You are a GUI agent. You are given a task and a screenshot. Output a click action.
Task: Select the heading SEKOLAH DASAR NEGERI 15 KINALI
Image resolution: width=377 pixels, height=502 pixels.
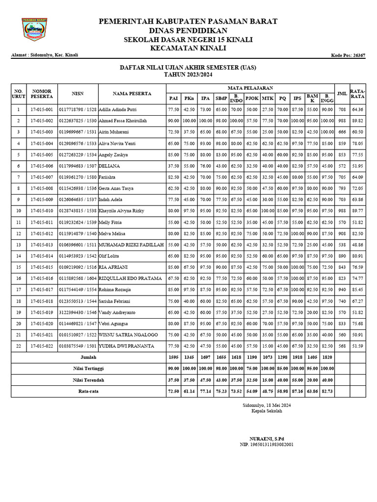click(188, 39)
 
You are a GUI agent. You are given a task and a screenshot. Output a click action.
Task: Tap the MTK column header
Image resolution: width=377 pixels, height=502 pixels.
click(268, 99)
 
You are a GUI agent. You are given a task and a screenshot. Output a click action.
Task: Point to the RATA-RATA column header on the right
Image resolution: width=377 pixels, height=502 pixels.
click(357, 93)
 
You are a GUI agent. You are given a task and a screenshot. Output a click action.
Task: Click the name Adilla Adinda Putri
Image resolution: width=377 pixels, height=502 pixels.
click(118, 109)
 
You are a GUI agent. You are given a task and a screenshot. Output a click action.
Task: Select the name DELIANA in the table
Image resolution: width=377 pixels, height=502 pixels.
click(110, 166)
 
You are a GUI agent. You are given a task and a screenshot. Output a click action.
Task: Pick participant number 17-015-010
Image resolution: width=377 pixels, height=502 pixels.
click(42, 211)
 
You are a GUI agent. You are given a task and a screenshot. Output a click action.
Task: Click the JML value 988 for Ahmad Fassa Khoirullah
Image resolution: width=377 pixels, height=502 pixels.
click(342, 121)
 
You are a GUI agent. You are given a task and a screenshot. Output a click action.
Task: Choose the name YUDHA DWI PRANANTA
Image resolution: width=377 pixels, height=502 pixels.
click(127, 346)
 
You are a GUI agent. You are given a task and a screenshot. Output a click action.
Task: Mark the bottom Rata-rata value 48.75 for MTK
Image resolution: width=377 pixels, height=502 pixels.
click(268, 391)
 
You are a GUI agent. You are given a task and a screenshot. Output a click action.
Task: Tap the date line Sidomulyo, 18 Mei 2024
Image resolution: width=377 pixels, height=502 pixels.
click(267, 405)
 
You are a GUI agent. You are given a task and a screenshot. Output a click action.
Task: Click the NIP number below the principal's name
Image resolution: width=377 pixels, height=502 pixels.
click(267, 445)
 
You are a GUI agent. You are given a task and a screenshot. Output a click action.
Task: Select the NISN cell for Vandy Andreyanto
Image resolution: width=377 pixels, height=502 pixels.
click(78, 312)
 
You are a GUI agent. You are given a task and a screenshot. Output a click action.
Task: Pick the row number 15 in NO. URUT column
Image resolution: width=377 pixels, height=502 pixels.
click(19, 267)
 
